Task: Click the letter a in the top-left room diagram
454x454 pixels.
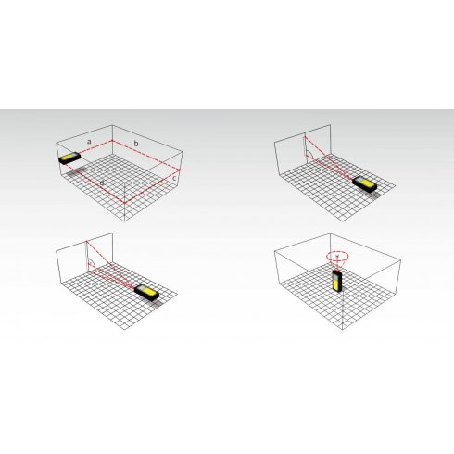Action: (89, 141)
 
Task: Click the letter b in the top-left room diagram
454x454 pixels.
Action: (136, 145)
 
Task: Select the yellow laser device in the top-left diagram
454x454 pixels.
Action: (69, 159)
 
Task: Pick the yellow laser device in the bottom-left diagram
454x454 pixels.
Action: (145, 292)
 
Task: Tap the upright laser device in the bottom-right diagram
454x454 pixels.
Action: (336, 281)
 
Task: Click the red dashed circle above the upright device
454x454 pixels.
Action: (336, 252)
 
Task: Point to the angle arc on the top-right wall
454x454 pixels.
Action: (310, 154)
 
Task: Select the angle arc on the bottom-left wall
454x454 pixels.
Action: (91, 262)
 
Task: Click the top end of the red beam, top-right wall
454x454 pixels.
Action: (305, 135)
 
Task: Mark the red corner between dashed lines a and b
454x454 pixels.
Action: (112, 141)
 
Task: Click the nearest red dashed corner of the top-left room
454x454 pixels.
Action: (123, 198)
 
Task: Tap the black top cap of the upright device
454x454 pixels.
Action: (336, 272)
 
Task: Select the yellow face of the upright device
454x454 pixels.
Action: (335, 283)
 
